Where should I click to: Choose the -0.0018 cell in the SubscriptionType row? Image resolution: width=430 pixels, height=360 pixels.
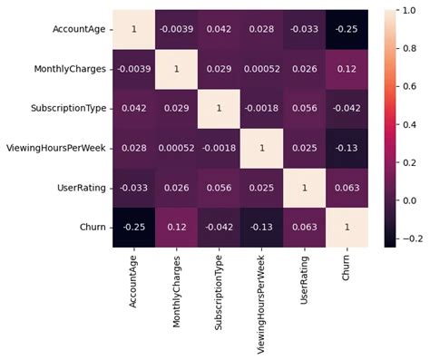[x=264, y=109]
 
